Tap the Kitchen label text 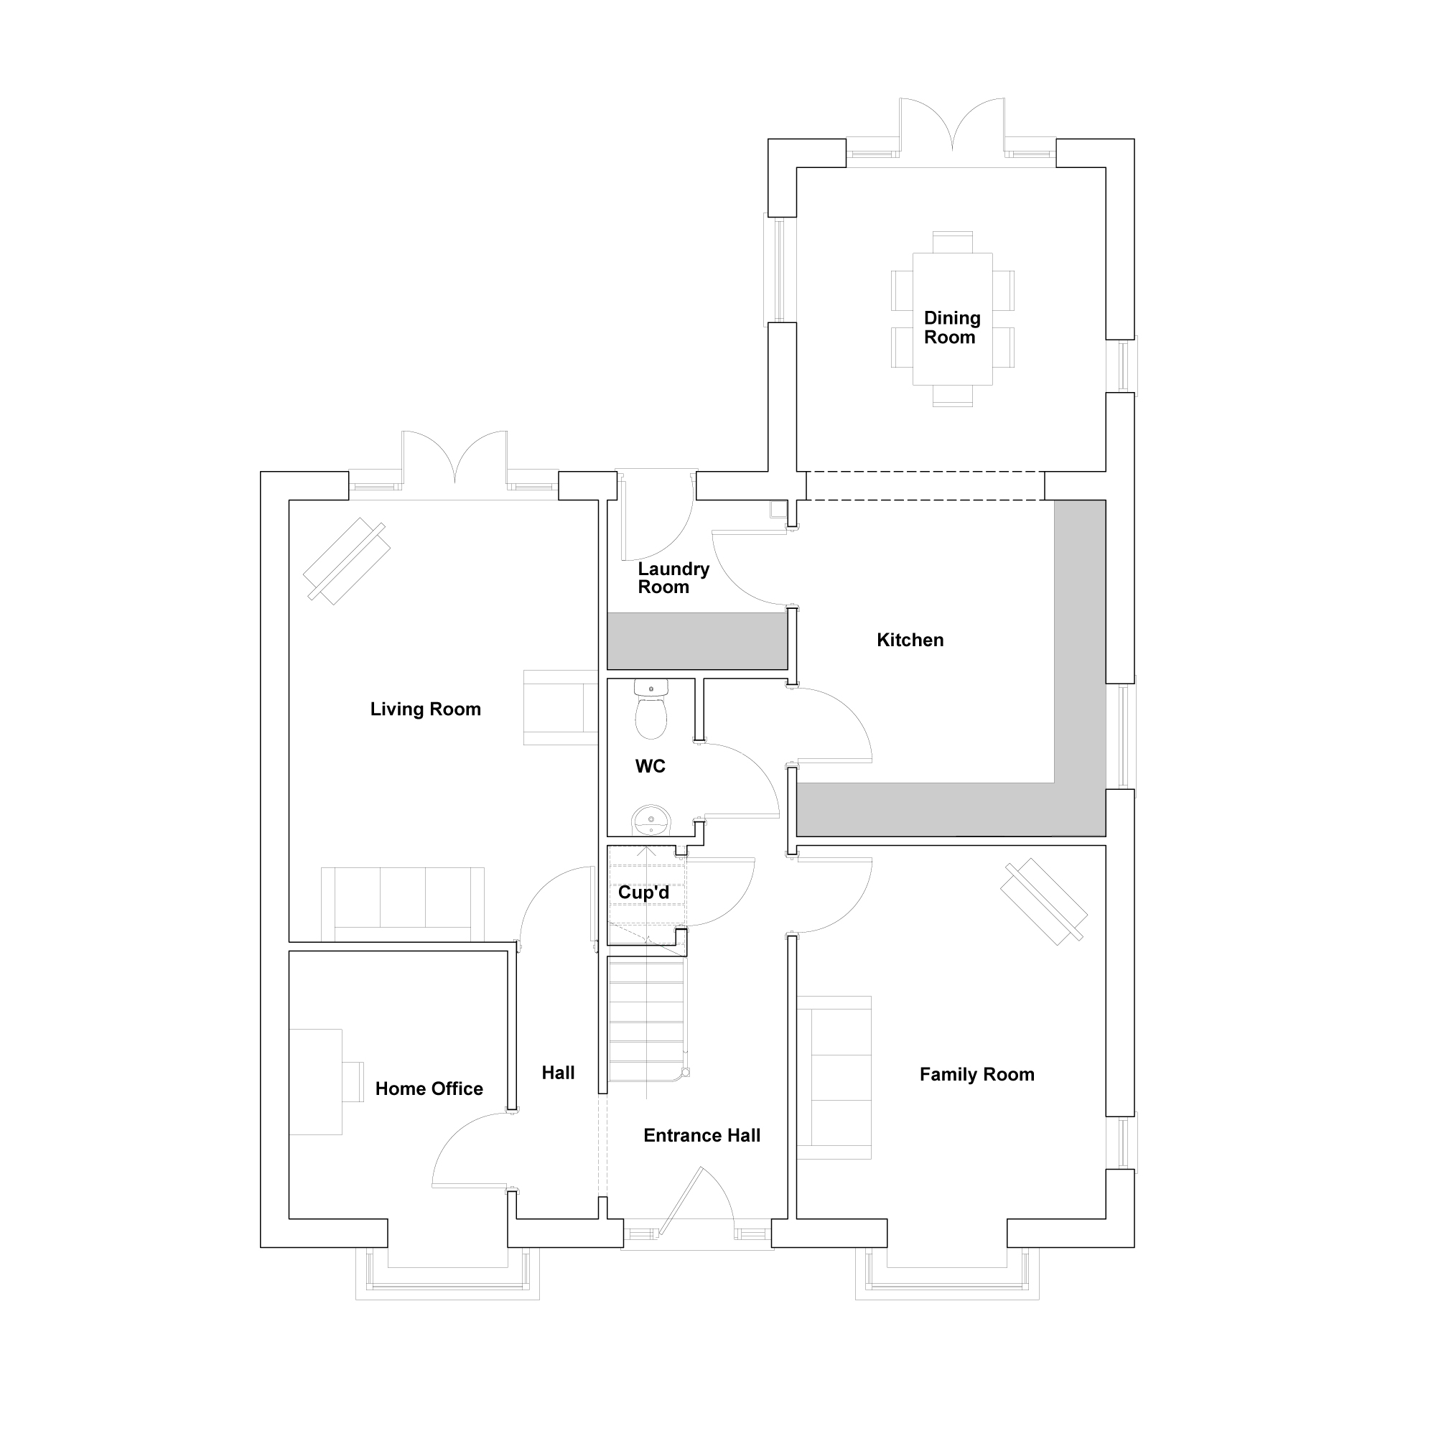click(x=910, y=640)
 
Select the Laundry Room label click(x=673, y=577)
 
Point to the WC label click(x=651, y=766)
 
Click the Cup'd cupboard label click(x=643, y=892)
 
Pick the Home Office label click(x=429, y=1089)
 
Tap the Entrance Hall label click(x=701, y=1135)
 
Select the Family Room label click(x=976, y=1074)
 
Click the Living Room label click(x=425, y=709)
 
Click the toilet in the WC click(x=651, y=709)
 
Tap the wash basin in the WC click(x=651, y=821)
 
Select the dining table click(x=952, y=319)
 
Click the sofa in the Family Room click(x=834, y=1078)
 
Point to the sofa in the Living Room click(x=403, y=905)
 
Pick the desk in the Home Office click(x=316, y=1081)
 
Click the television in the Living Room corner click(x=346, y=561)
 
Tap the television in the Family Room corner click(x=1043, y=902)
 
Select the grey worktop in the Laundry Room click(x=697, y=640)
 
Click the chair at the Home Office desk click(x=353, y=1081)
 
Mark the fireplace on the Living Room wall click(x=561, y=708)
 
